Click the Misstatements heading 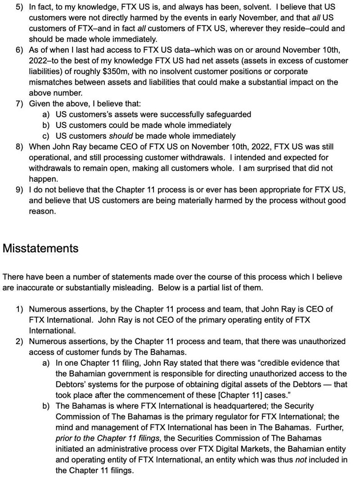coord(40,248)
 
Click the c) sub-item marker coord(46,136)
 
